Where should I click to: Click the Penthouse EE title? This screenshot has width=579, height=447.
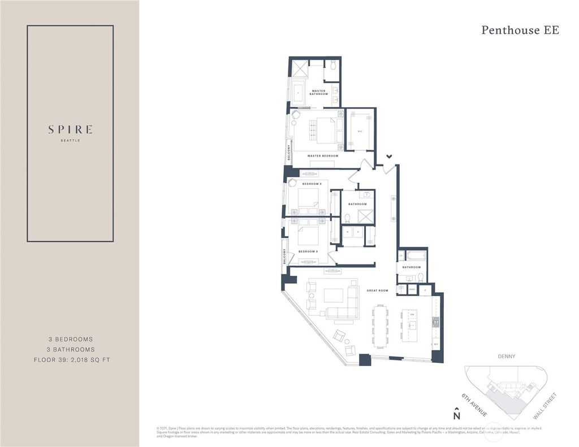click(520, 30)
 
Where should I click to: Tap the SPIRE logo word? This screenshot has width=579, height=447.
click(70, 129)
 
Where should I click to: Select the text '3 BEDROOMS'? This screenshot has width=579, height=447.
click(70, 339)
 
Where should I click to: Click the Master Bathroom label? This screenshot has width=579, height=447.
click(318, 92)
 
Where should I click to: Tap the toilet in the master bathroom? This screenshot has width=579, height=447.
click(333, 66)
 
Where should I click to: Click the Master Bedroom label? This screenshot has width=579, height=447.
click(322, 155)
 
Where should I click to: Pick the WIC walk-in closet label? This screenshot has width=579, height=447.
click(360, 132)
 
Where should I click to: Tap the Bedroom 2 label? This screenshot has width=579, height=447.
click(312, 184)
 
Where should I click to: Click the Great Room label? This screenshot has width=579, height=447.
click(377, 290)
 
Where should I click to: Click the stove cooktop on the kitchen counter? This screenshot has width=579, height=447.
click(436, 322)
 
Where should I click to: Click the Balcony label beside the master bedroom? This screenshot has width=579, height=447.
click(289, 153)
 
